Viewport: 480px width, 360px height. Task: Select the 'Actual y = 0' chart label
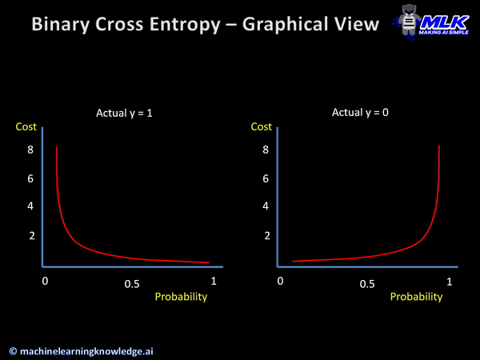(x=361, y=113)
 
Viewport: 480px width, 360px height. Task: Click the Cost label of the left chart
(x=26, y=127)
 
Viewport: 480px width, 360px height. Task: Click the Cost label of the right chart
(x=262, y=127)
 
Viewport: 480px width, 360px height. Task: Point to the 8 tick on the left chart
(x=30, y=150)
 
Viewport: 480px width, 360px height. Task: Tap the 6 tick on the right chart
(x=266, y=178)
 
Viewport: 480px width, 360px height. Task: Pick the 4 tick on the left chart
(x=30, y=206)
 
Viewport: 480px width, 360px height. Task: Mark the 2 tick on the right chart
(x=266, y=236)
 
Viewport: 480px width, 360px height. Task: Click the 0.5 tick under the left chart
(x=132, y=284)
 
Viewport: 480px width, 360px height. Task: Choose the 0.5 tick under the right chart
(x=367, y=284)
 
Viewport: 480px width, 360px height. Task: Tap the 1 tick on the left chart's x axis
(x=214, y=282)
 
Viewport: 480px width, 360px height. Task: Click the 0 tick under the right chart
(x=280, y=282)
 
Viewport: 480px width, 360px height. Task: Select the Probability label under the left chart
(x=181, y=297)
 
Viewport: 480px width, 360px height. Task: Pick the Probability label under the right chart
(x=416, y=297)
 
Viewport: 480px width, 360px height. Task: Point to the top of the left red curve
(x=57, y=148)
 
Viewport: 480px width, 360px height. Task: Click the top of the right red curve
(x=439, y=146)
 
